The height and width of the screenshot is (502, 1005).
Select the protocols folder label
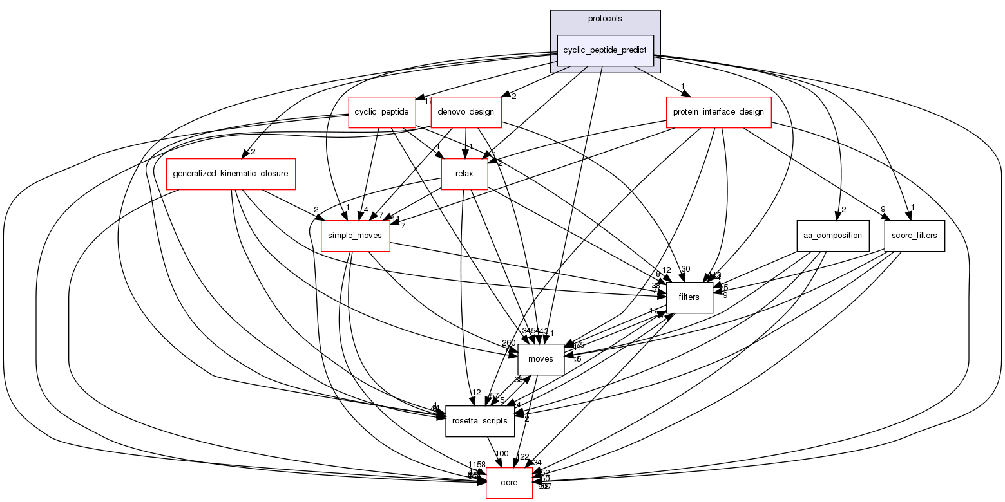point(605,19)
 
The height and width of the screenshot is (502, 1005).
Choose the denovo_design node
point(466,112)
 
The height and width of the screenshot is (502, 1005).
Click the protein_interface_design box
point(718,112)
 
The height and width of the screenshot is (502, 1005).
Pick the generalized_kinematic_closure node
point(231,174)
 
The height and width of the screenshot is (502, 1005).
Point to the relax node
point(464,174)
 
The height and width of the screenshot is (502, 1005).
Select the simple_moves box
point(355,236)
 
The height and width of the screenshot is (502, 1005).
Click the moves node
point(541,359)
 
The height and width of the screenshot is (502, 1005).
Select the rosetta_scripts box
point(480,421)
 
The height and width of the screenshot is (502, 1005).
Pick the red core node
point(509,483)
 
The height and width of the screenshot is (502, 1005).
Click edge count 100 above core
point(502,454)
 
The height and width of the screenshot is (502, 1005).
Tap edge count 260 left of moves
point(509,343)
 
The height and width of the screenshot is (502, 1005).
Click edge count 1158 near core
point(477,465)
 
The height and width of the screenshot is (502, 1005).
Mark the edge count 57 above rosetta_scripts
point(494,395)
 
